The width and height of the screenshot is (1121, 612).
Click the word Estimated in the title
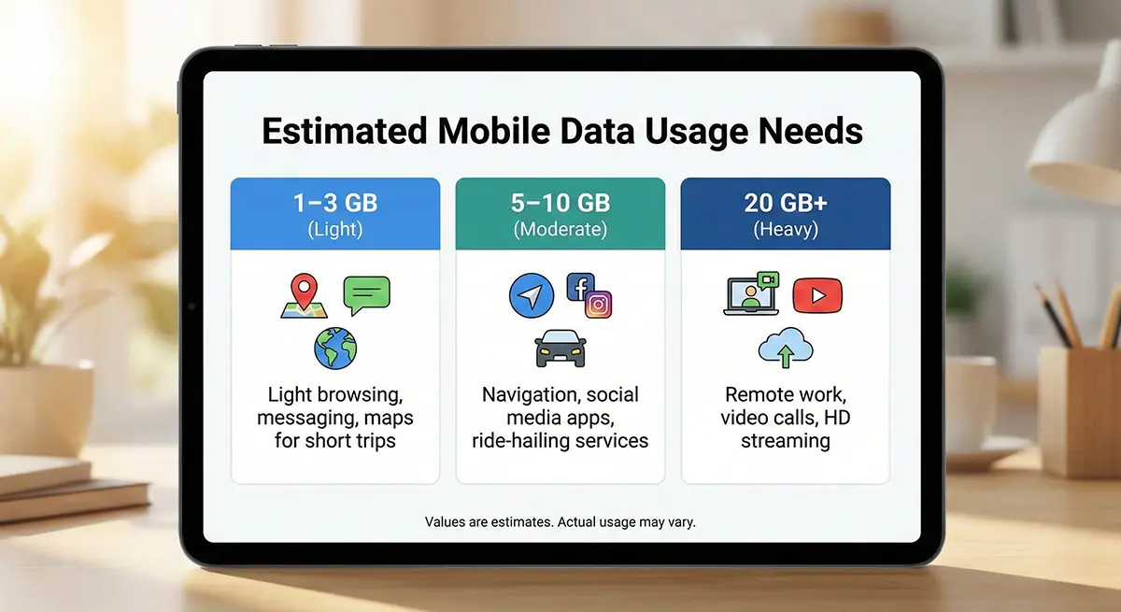click(345, 131)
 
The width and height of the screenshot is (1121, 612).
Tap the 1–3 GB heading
click(335, 203)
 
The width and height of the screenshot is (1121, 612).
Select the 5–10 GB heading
click(560, 203)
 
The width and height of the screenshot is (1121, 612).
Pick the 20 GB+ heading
click(786, 203)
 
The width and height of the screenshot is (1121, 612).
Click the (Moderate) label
click(560, 229)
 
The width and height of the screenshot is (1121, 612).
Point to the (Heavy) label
click(786, 229)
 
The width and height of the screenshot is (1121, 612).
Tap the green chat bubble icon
click(367, 295)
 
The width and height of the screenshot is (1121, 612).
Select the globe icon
click(335, 349)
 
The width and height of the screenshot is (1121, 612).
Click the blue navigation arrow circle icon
click(532, 296)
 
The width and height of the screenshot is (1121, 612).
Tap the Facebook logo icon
click(580, 287)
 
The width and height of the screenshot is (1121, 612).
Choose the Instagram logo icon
click(599, 305)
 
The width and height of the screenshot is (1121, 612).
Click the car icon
click(560, 349)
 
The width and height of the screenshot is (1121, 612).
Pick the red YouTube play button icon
click(817, 295)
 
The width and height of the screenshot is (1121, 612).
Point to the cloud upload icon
click(786, 348)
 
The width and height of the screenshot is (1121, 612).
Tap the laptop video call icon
click(751, 293)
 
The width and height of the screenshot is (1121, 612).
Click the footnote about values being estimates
click(560, 522)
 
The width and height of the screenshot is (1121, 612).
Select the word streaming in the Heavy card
click(786, 441)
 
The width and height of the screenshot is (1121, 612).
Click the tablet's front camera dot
click(192, 306)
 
